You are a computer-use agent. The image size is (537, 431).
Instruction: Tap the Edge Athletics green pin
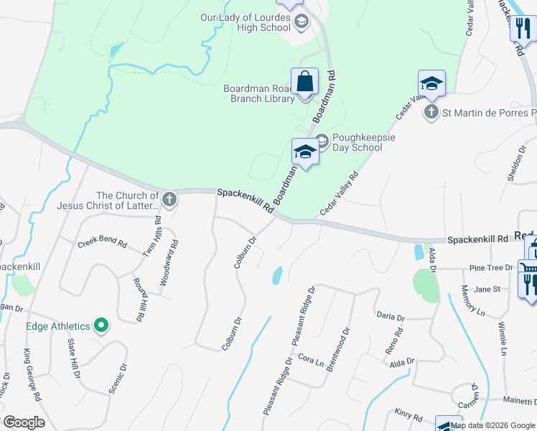(101, 326)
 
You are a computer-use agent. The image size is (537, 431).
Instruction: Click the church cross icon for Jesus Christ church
(169, 200)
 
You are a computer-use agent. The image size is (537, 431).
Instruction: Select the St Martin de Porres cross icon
(431, 112)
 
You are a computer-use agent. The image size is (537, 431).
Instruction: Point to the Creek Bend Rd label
(102, 244)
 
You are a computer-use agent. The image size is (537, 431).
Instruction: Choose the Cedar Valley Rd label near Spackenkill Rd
(339, 193)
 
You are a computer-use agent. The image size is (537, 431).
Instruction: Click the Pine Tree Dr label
(490, 268)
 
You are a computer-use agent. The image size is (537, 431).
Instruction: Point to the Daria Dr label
(391, 316)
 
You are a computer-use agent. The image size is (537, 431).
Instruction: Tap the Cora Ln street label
(311, 358)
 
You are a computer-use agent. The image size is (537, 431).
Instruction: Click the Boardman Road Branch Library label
(258, 94)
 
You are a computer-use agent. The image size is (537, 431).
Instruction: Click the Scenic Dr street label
(118, 378)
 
